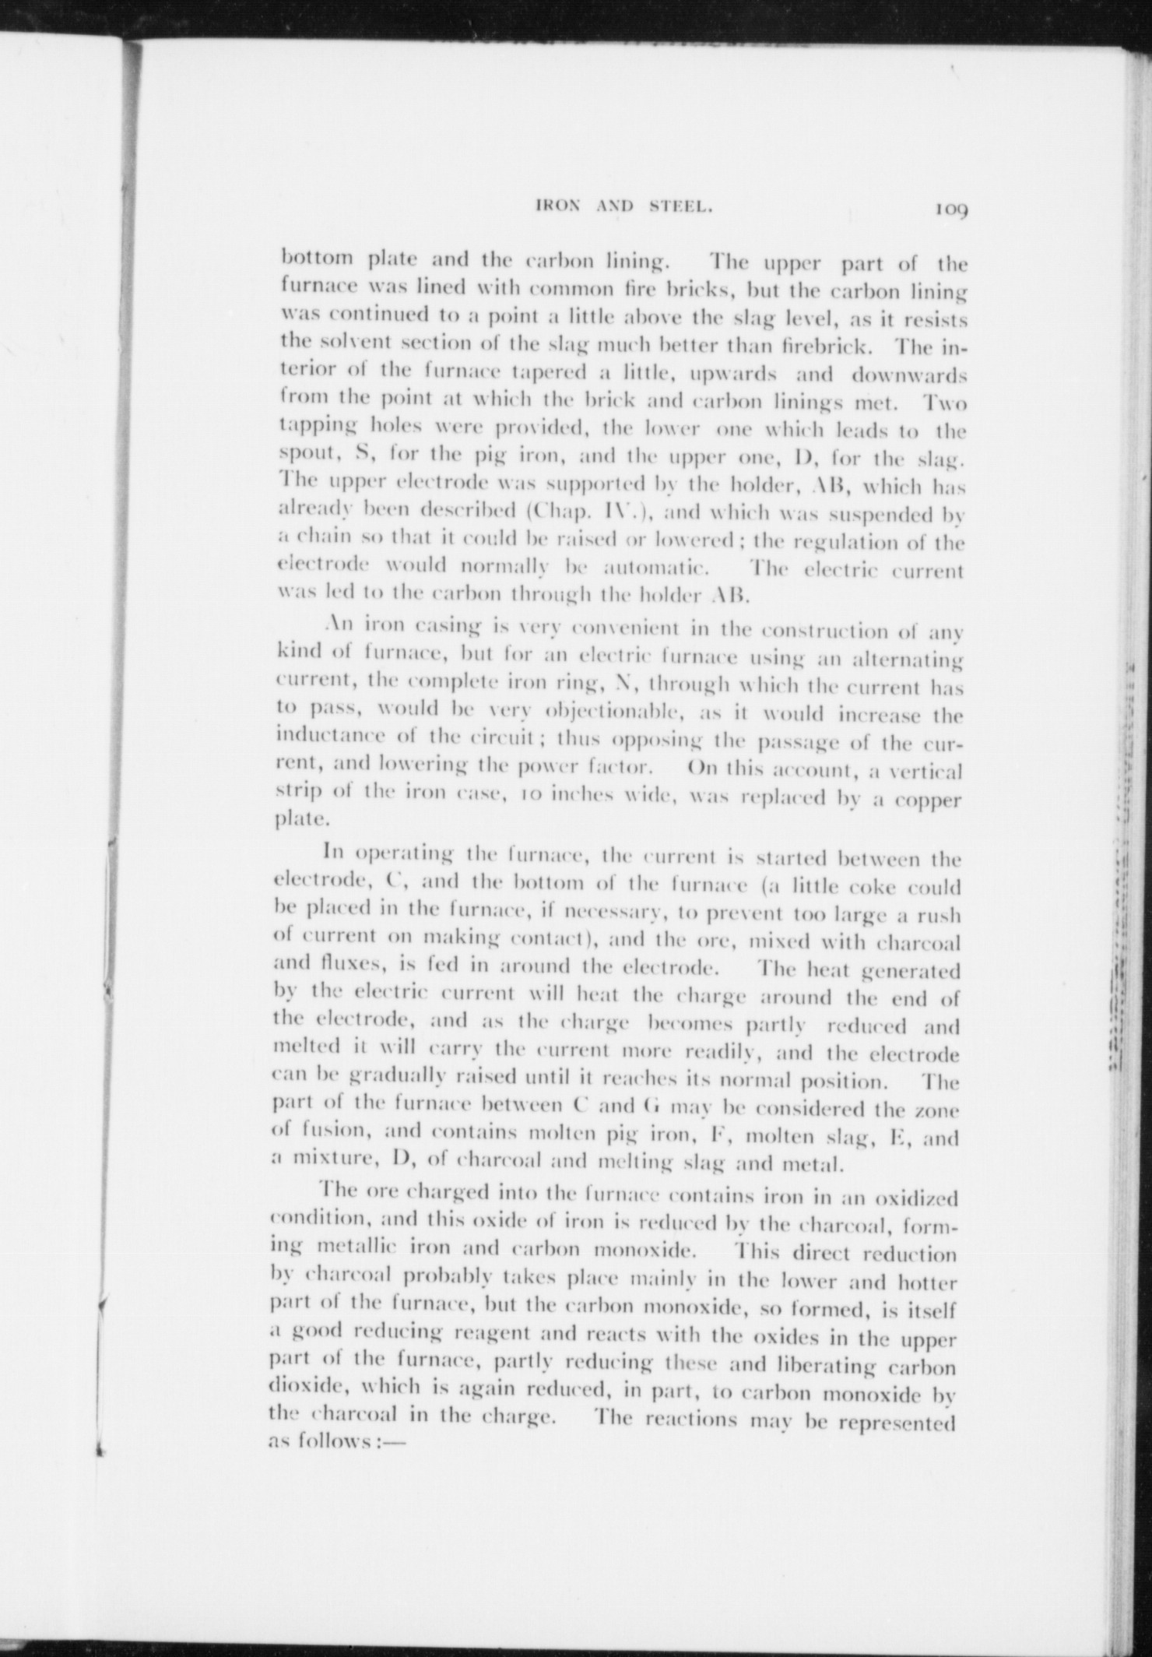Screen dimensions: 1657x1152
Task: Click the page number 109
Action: (x=950, y=209)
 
